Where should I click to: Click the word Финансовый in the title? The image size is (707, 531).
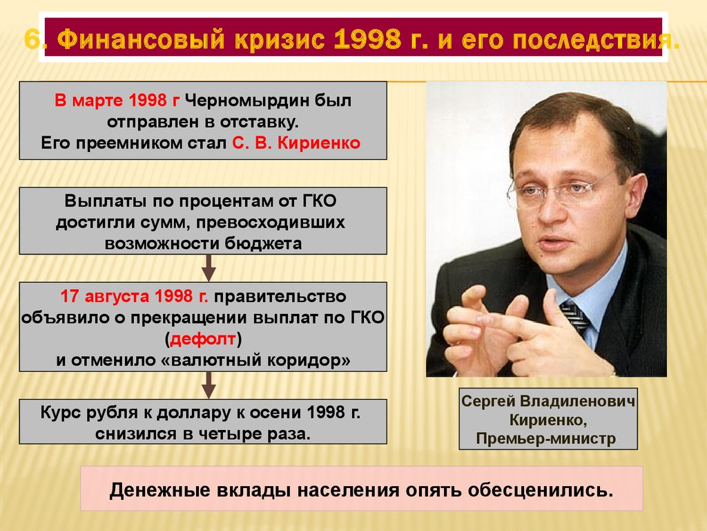pyautogui.click(x=141, y=39)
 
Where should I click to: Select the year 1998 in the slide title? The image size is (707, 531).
pyautogui.click(x=368, y=39)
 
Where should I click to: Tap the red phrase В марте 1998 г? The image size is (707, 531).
pyautogui.click(x=117, y=100)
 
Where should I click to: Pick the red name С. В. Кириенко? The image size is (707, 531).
pyautogui.click(x=296, y=143)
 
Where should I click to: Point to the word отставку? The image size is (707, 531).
pyautogui.click(x=260, y=122)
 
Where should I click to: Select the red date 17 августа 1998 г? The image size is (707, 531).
pyautogui.click(x=135, y=297)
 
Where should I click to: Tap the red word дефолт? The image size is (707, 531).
pyautogui.click(x=204, y=339)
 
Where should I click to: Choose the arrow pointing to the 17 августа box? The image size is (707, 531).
pyautogui.click(x=209, y=268)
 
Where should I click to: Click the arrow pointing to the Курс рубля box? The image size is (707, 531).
pyautogui.click(x=209, y=385)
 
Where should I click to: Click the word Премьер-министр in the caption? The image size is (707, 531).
pyautogui.click(x=545, y=438)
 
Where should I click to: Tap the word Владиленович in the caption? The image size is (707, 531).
pyautogui.click(x=577, y=401)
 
